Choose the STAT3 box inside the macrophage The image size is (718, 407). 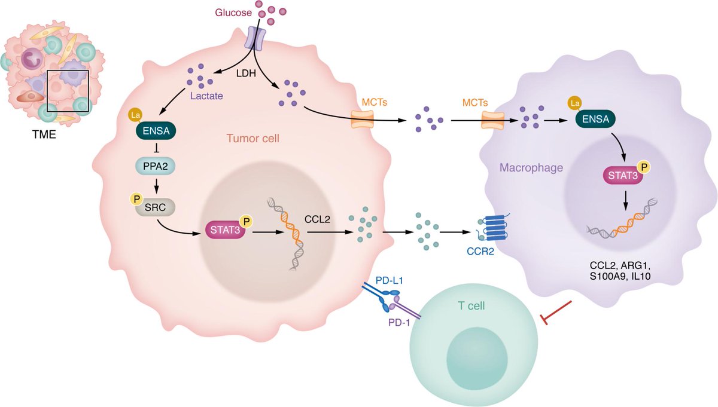coord(622,176)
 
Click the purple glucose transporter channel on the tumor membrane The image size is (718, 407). coord(257,37)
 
